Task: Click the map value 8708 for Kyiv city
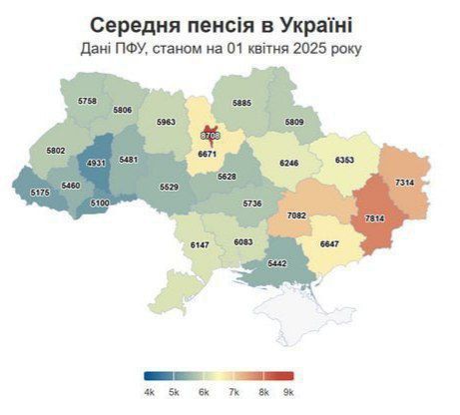(x=211, y=134)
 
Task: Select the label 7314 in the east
(x=405, y=184)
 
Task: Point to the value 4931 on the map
(x=97, y=163)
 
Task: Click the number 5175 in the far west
(x=40, y=192)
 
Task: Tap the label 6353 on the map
(x=345, y=159)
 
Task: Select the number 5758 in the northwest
(x=88, y=102)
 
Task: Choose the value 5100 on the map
(x=100, y=203)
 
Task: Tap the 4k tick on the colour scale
(x=149, y=393)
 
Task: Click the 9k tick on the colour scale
(x=289, y=393)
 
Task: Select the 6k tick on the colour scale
(x=205, y=393)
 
